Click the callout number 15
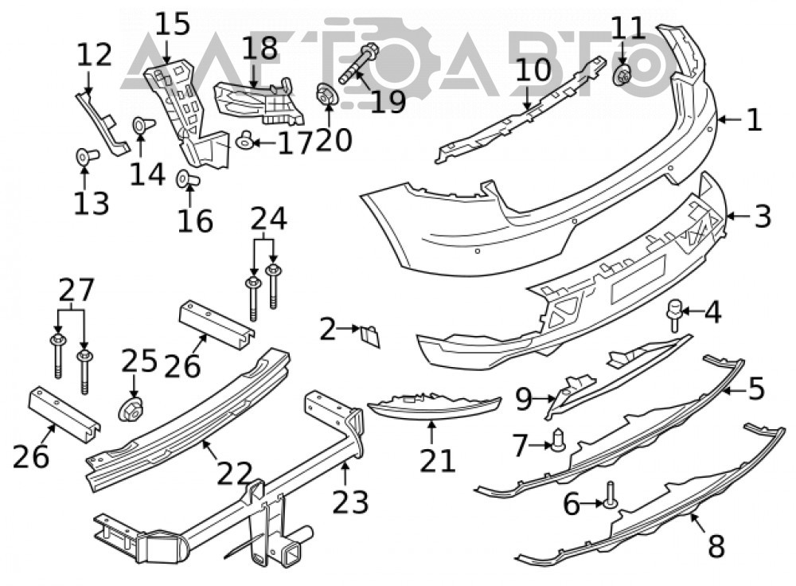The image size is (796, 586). point(173,25)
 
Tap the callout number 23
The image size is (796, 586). point(351,502)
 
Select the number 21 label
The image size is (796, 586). point(438,461)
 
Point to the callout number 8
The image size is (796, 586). point(716,546)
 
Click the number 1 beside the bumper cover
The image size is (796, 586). point(755,120)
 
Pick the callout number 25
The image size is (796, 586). point(139,361)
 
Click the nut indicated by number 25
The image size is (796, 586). point(131,409)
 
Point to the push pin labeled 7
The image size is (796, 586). point(557,439)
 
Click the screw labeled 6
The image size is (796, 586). point(610,495)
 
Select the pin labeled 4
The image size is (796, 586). point(674,314)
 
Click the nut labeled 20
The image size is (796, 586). point(326,95)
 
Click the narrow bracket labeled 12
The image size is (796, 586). point(102,122)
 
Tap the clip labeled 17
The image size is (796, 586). point(246,139)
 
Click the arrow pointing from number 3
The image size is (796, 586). point(738,217)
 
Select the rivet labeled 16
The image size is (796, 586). point(187,178)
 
